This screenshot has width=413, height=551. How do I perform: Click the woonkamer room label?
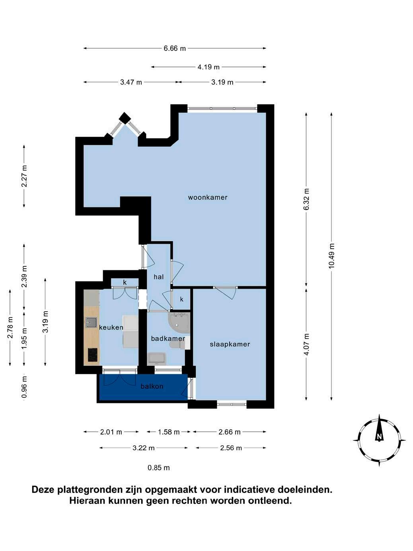pos(208,197)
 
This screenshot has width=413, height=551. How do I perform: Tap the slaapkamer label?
pos(230,344)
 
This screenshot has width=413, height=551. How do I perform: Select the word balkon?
pos(152,386)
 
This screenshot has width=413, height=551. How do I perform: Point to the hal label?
pos(158,277)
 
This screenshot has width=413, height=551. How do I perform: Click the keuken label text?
pos(111,327)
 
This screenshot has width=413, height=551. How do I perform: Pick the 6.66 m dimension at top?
pos(175,48)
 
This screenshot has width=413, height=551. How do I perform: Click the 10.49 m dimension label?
pos(331,256)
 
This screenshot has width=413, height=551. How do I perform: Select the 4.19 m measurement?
pos(208,67)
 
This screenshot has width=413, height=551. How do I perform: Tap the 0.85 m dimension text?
pos(158,468)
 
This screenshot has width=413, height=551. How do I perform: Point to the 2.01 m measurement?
pos(111,432)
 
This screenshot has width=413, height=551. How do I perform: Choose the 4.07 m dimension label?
pos(306,344)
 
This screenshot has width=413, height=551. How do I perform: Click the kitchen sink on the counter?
pos(91,322)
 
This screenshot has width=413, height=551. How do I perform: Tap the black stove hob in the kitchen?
pos(93,355)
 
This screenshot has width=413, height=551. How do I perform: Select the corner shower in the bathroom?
pos(179,322)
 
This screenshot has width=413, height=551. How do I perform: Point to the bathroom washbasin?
pos(157,359)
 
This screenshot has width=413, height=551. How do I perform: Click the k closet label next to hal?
pos(181,299)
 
